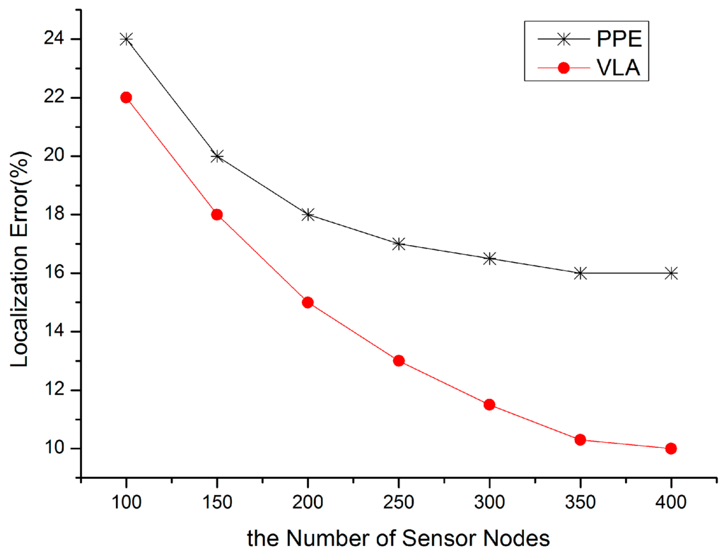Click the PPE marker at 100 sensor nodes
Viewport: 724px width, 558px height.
(127, 39)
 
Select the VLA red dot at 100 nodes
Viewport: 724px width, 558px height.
(127, 97)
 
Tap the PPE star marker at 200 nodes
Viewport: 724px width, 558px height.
(308, 215)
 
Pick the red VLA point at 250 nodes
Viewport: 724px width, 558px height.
(399, 361)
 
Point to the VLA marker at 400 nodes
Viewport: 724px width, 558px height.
(671, 449)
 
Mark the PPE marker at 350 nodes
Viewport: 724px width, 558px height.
(580, 273)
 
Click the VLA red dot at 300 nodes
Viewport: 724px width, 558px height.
(489, 405)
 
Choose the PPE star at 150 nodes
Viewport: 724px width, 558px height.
(217, 156)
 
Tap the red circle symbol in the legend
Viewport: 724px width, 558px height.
(564, 69)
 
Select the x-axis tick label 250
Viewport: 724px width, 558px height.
(399, 503)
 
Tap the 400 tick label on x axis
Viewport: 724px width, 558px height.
(671, 503)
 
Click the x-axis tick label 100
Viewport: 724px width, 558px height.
(127, 503)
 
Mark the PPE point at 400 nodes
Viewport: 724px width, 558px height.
(671, 273)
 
